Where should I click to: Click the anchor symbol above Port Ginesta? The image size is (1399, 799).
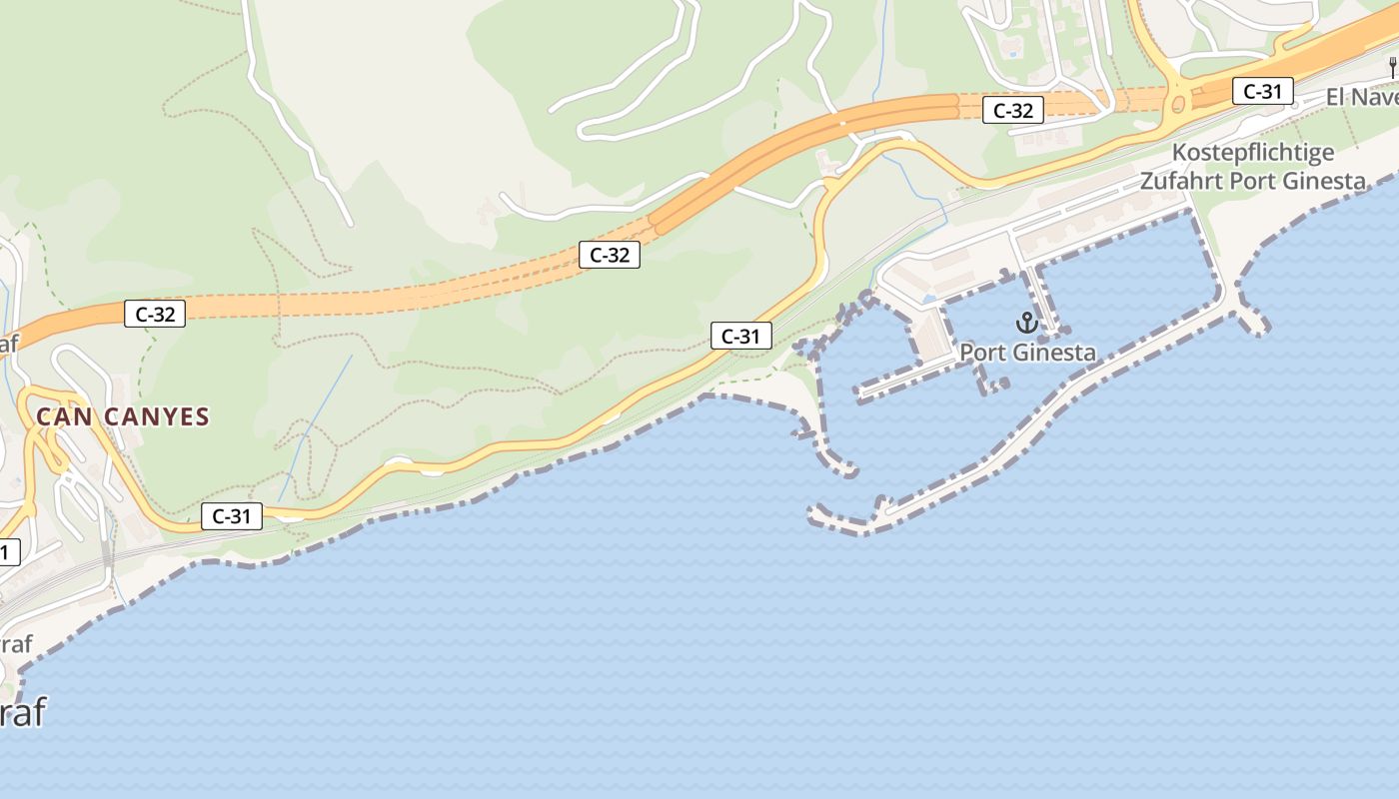click(1026, 323)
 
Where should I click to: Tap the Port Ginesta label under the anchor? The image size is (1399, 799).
click(1027, 353)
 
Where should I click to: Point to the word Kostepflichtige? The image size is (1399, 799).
click(1252, 153)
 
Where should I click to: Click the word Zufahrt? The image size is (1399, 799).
click(1183, 181)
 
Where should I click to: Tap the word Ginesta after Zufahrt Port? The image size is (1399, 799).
click(1322, 181)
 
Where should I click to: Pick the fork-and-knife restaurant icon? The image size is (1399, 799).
click(1392, 68)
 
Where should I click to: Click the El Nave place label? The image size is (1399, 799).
click(1361, 97)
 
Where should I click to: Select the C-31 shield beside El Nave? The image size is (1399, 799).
click(1262, 91)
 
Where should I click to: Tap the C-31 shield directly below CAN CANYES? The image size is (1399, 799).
click(231, 516)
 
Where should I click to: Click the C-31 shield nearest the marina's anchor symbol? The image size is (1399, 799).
click(740, 337)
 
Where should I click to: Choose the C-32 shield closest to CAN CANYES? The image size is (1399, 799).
click(155, 314)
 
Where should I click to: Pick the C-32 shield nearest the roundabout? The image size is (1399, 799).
click(1013, 111)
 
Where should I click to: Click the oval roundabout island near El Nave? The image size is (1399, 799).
click(1179, 103)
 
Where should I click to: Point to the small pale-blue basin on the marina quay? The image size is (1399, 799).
click(930, 299)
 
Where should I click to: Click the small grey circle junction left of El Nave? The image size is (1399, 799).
click(1294, 104)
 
